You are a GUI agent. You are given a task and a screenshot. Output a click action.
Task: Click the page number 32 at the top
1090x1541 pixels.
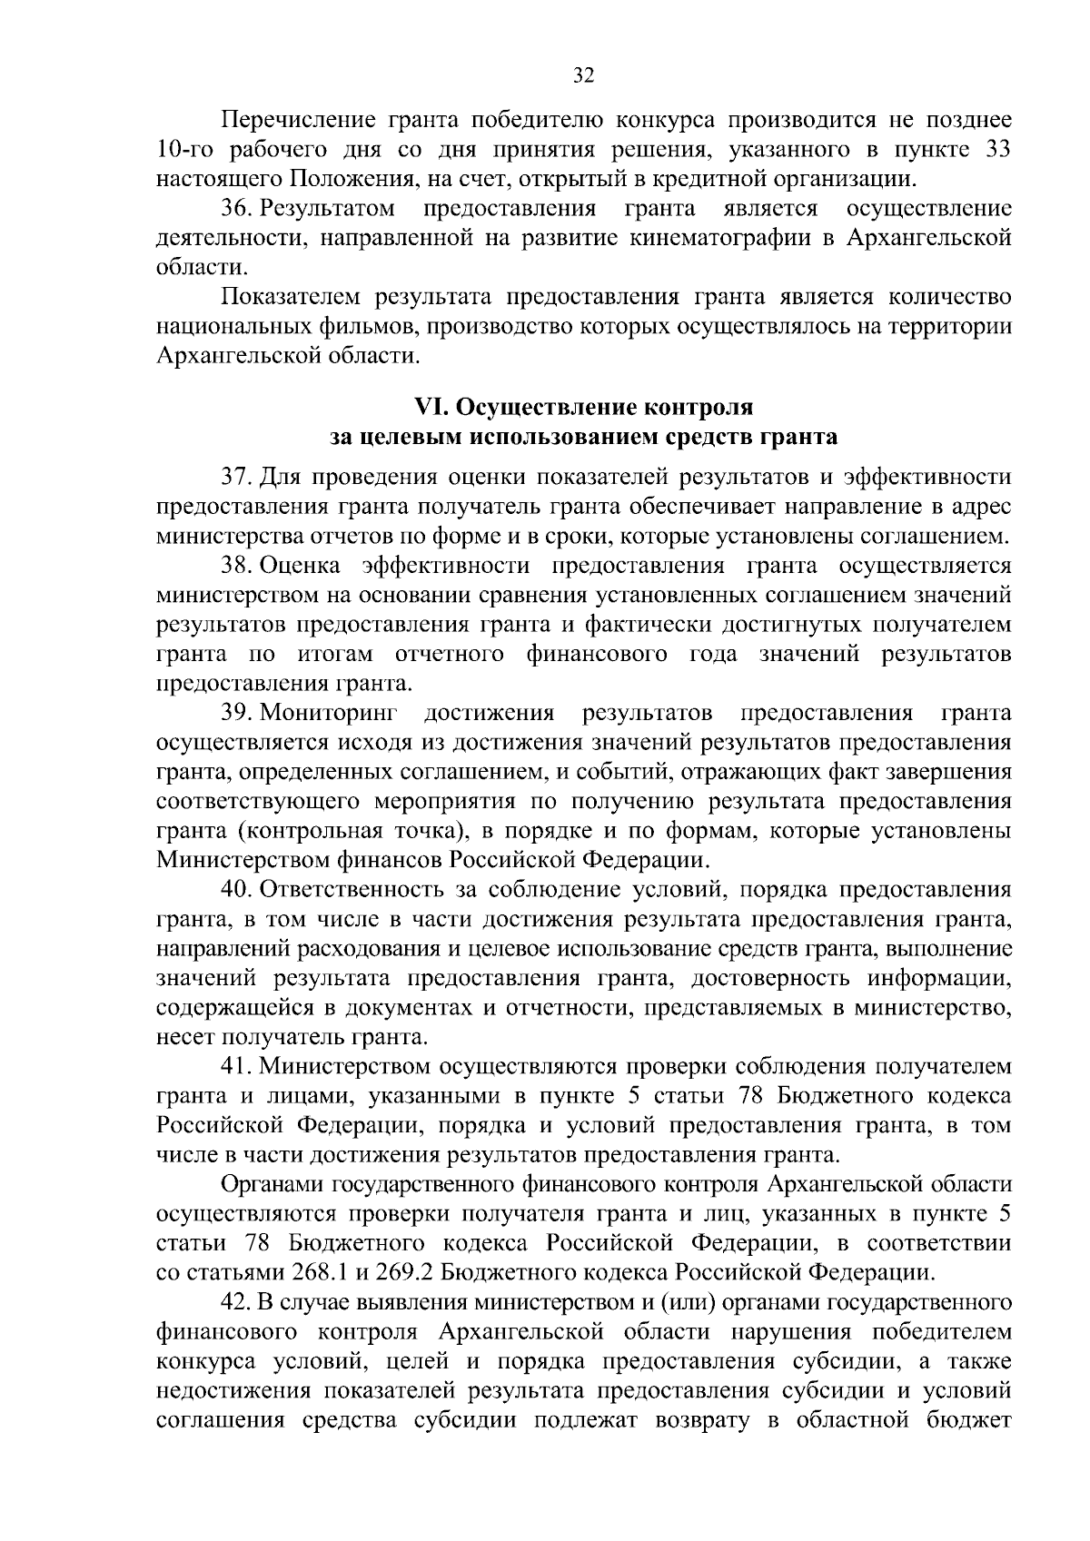(x=583, y=76)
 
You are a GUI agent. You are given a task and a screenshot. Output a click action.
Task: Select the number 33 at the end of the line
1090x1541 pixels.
(x=997, y=149)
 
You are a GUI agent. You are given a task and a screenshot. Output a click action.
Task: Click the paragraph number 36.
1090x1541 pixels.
(x=238, y=209)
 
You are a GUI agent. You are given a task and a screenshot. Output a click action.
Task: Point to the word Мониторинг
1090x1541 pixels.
(x=333, y=713)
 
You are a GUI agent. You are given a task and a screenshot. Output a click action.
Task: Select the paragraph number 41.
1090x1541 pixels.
(x=238, y=1066)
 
